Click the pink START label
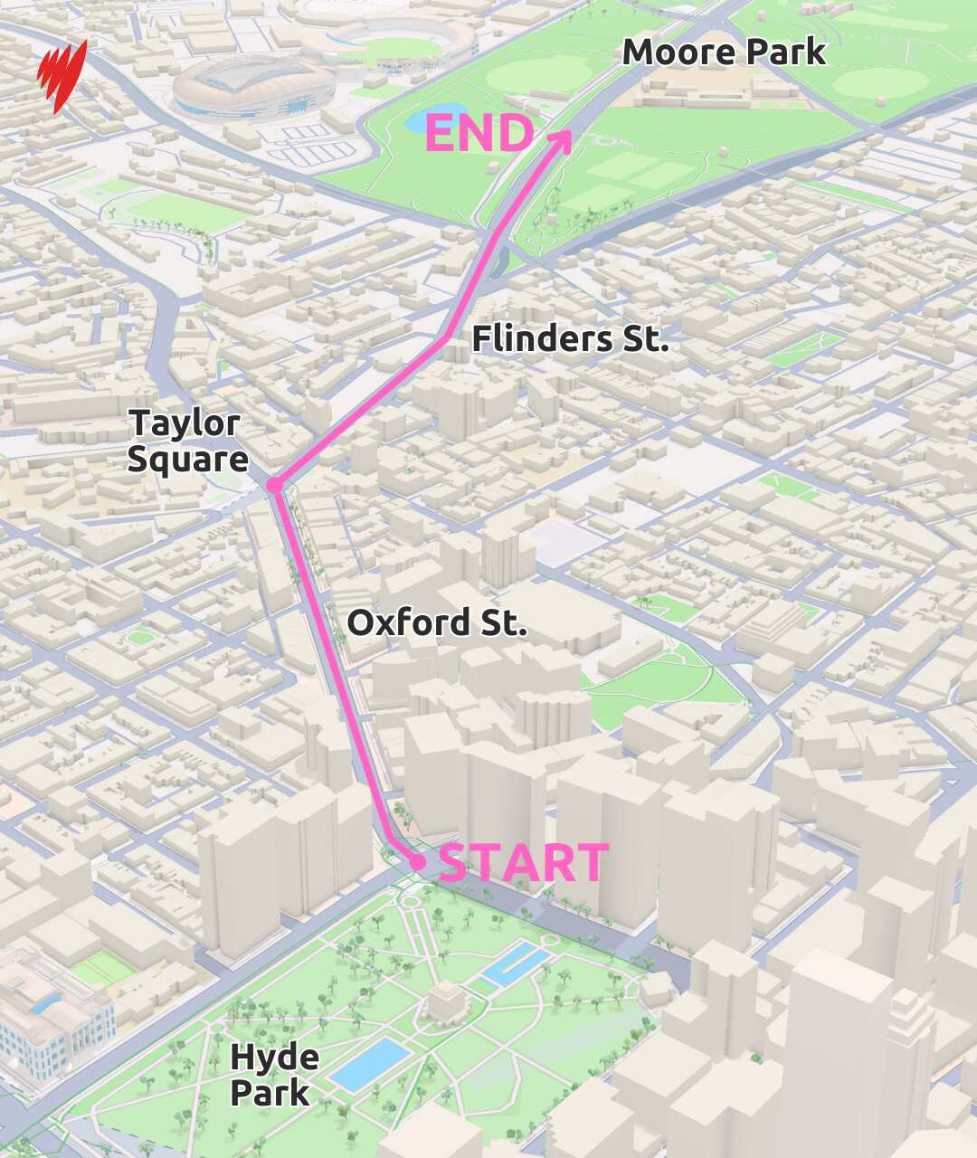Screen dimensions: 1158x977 [524, 863]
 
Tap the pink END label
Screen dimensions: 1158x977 [479, 134]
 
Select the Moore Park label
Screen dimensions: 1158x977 [724, 52]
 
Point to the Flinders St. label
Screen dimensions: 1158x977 [570, 339]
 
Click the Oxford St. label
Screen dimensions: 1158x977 [437, 622]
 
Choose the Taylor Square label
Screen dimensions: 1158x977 [187, 441]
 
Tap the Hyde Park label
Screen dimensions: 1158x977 [273, 1074]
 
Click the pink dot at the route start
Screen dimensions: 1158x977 [417, 862]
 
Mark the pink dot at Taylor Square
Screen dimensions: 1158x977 [274, 486]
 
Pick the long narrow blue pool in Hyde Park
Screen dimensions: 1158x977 [516, 964]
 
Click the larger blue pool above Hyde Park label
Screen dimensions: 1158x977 [368, 1064]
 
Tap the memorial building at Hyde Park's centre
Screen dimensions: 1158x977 [444, 1001]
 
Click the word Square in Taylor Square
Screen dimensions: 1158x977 [187, 459]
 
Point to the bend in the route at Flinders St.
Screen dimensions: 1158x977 [446, 338]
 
